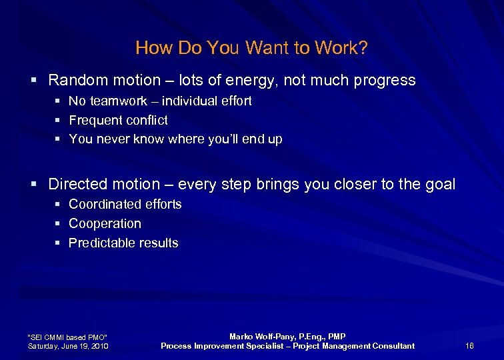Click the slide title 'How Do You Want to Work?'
coord(251,48)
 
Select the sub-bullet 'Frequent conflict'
coord(118,121)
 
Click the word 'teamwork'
coord(116,101)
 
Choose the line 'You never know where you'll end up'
coord(175,139)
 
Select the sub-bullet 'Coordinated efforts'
coord(125,204)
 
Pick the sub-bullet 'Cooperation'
coord(105,223)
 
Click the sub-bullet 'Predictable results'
coord(123,243)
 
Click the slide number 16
coord(469,345)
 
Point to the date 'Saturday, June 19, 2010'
coord(68,345)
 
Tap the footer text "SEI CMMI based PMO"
coord(67,336)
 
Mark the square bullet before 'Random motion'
coord(34,81)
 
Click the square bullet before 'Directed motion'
coord(34,184)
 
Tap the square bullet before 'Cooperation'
coord(58,224)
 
